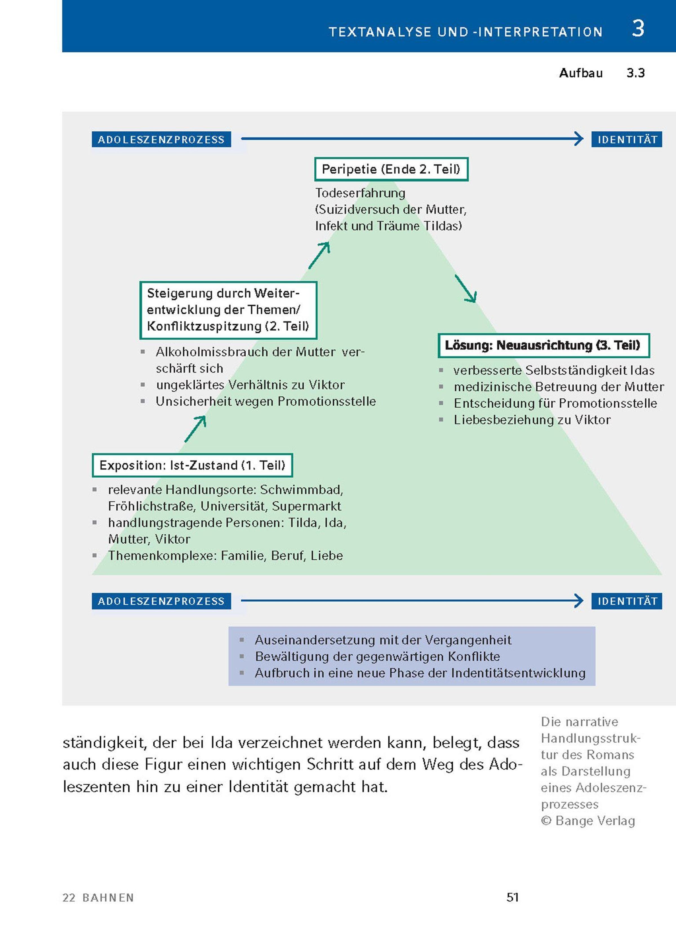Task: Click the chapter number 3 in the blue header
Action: pyautogui.click(x=638, y=29)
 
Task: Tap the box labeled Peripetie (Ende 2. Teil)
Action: pyautogui.click(x=391, y=169)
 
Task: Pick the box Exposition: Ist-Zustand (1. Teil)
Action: pyautogui.click(x=192, y=465)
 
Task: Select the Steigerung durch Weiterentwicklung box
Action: pyautogui.click(x=228, y=310)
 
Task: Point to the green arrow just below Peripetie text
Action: pyautogui.click(x=319, y=255)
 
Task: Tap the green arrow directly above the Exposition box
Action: pyautogui.click(x=195, y=429)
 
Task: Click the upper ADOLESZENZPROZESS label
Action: pyautogui.click(x=161, y=139)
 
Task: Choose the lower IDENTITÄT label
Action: pyautogui.click(x=627, y=601)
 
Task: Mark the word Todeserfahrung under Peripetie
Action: pyautogui.click(x=360, y=193)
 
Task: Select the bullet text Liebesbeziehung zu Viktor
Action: pyautogui.click(x=532, y=420)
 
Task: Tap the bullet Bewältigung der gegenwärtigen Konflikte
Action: pyautogui.click(x=377, y=656)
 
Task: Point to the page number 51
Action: pyautogui.click(x=513, y=898)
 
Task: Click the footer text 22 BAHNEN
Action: pyautogui.click(x=98, y=898)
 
